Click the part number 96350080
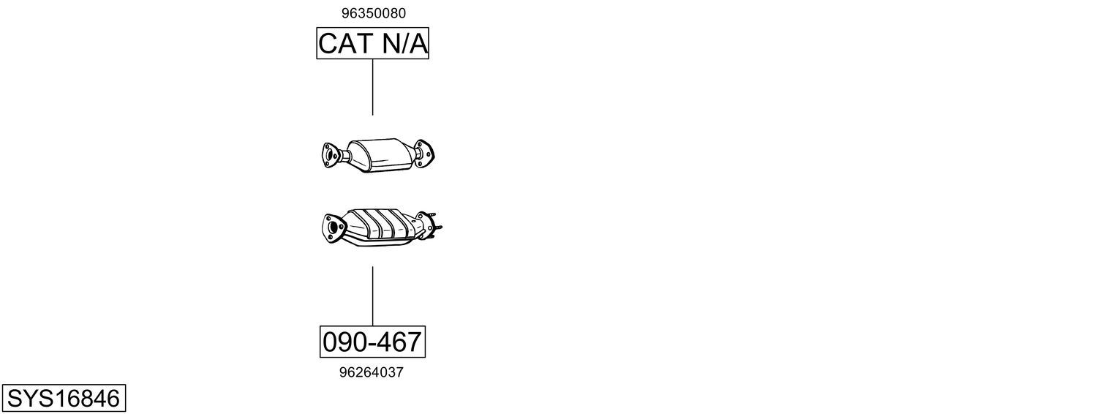[x=373, y=13]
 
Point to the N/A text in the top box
[x=405, y=43]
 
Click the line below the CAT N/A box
[x=373, y=87]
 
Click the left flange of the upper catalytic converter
[x=330, y=155]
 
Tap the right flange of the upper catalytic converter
[x=424, y=153]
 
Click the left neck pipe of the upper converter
[x=343, y=154]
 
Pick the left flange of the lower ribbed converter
[x=334, y=227]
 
